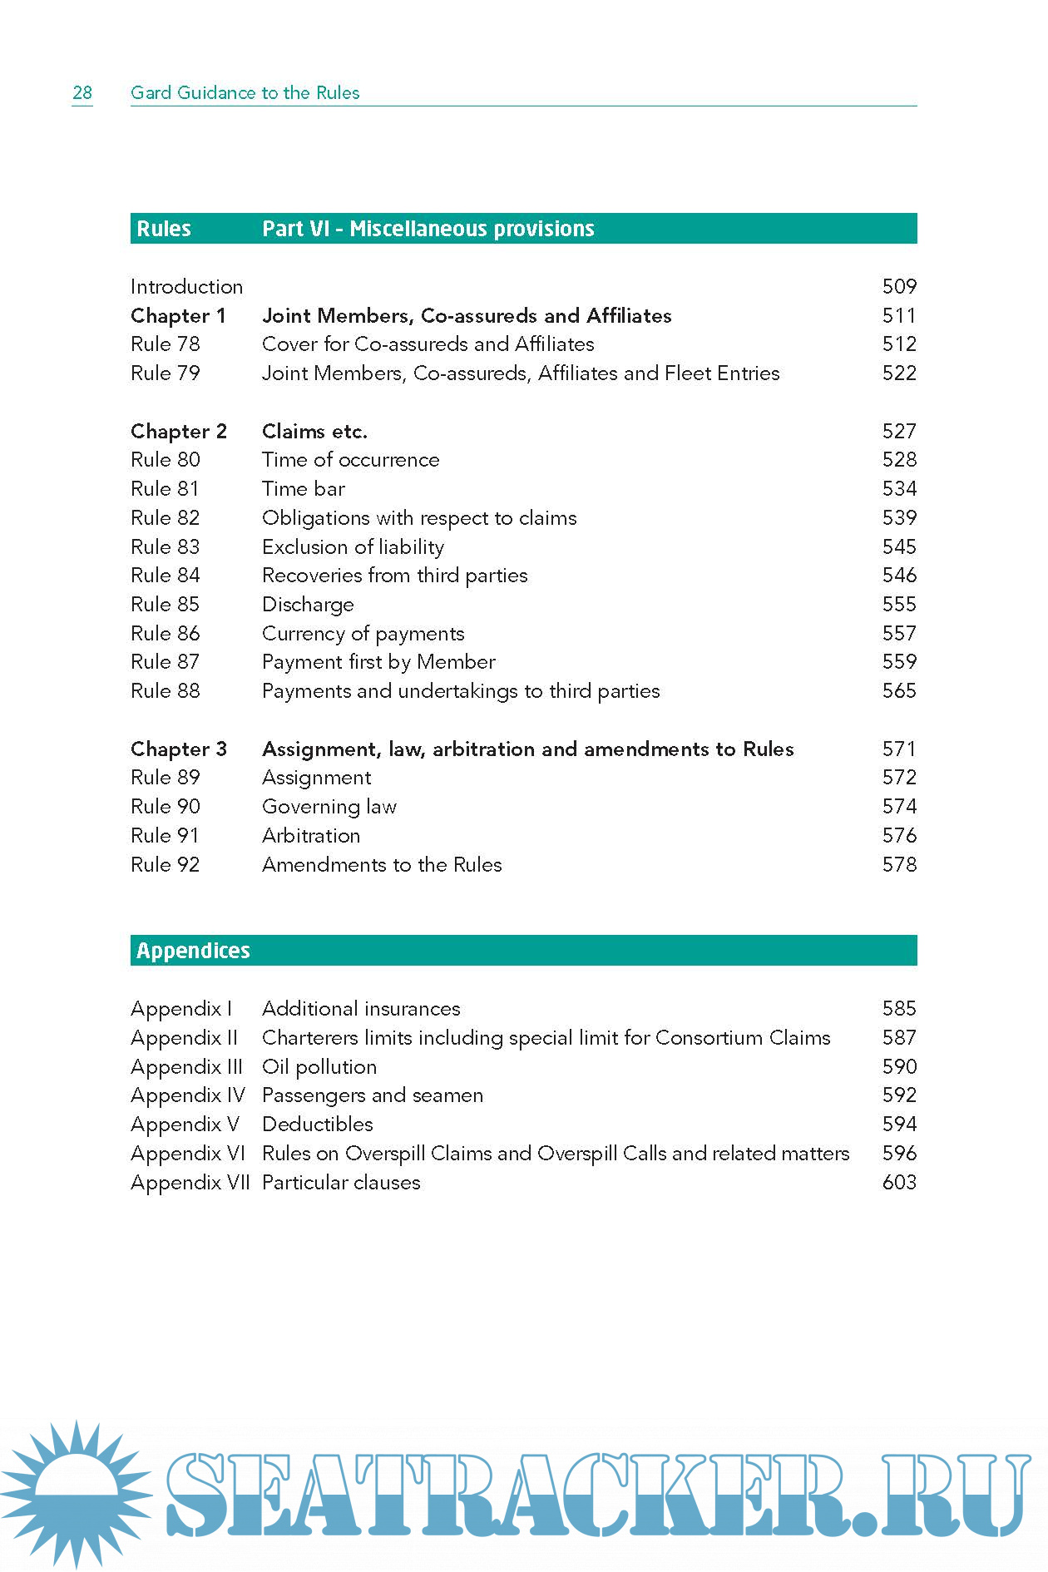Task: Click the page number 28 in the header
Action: (82, 92)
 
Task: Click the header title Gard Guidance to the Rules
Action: (245, 92)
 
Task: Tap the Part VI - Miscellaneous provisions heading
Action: (428, 229)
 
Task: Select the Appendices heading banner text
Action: (193, 951)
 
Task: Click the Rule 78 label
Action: (165, 344)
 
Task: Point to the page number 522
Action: (898, 373)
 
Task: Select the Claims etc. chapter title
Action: (314, 432)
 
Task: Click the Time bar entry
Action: (303, 489)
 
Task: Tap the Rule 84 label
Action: (165, 576)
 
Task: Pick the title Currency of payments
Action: (363, 634)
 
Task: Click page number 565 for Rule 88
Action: (898, 691)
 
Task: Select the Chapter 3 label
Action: (178, 749)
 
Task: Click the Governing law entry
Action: (329, 807)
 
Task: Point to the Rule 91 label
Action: (165, 836)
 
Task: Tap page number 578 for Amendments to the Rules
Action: (898, 865)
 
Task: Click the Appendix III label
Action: (186, 1067)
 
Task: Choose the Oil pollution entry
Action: (319, 1067)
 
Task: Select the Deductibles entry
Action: (317, 1125)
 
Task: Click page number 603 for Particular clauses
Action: (898, 1183)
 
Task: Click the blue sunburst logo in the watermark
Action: (77, 1493)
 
